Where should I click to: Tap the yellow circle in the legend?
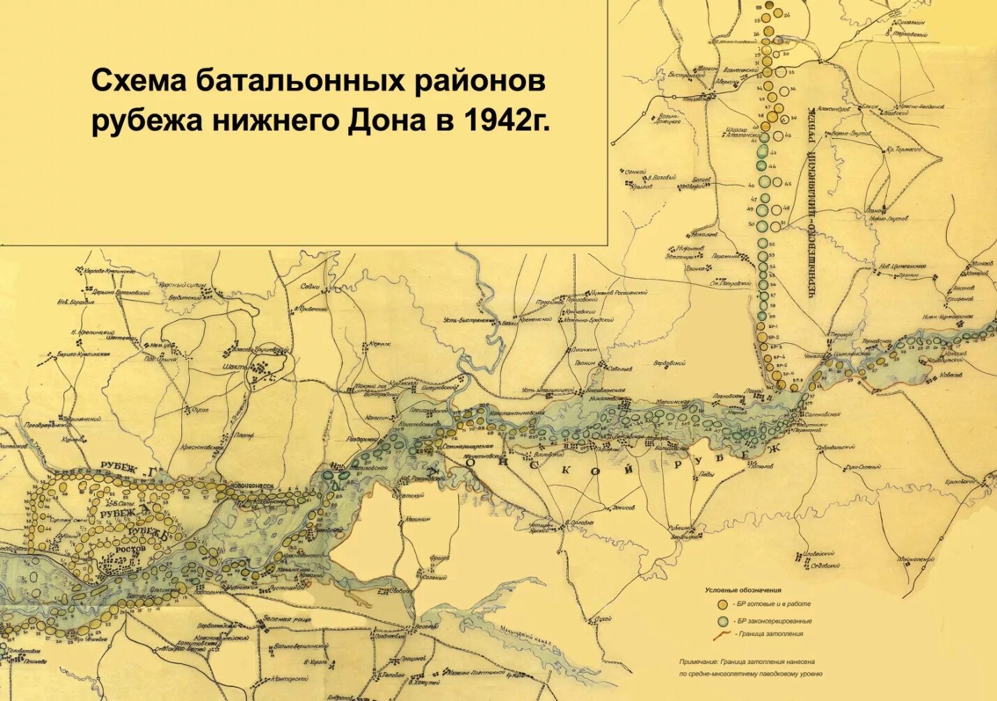click(722, 604)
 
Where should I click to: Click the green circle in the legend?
click(722, 621)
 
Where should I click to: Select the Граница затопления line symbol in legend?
click(722, 635)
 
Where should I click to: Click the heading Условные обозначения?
click(743, 590)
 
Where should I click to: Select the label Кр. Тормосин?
click(904, 149)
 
